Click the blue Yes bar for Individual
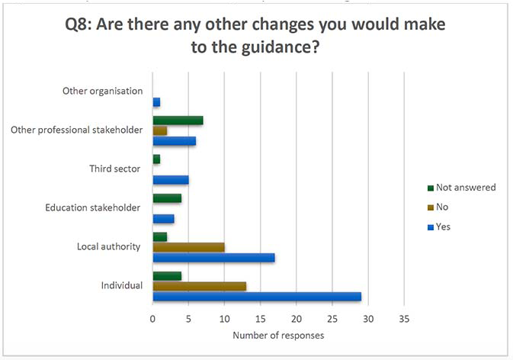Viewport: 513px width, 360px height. (257, 296)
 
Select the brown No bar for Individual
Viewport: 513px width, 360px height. (200, 286)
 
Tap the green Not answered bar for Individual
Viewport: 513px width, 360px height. (167, 276)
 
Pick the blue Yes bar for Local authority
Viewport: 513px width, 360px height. (213, 257)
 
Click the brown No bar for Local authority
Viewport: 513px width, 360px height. (188, 247)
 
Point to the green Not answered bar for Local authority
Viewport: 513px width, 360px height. (160, 237)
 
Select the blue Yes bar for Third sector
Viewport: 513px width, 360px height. (171, 179)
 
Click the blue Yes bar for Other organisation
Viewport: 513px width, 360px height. (156, 101)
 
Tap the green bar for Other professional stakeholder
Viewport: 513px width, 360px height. (178, 121)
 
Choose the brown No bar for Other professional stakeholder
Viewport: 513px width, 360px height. (160, 130)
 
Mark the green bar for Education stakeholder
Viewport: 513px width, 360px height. (167, 198)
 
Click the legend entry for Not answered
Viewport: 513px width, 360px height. (464, 187)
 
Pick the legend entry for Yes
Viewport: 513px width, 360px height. (444, 227)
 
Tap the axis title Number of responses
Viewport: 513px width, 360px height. (277, 336)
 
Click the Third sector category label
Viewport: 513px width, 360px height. (115, 169)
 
